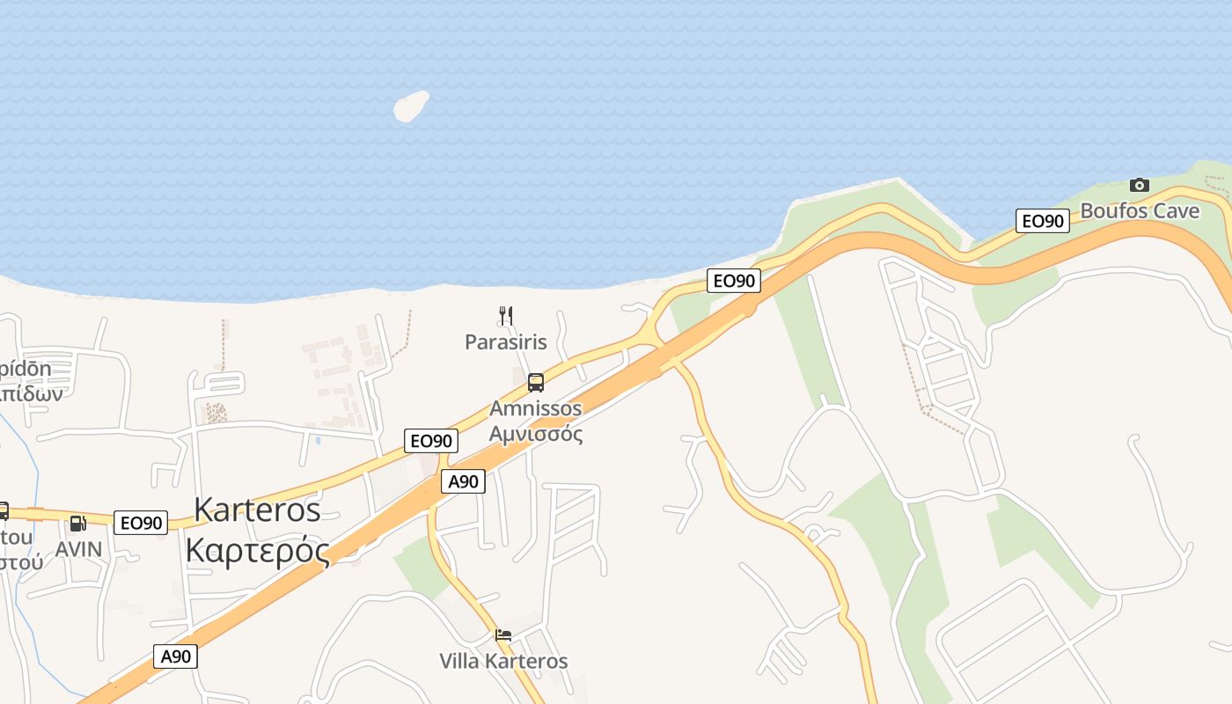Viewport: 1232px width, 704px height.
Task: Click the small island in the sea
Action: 411,106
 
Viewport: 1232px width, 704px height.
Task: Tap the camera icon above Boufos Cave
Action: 1139,185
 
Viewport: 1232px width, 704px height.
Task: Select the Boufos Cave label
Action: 1140,211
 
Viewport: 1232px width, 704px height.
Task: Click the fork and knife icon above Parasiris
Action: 505,315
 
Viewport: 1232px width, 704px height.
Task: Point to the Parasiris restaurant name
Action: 505,341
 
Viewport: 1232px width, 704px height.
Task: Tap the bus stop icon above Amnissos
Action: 535,383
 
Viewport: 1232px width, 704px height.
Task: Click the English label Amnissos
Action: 535,408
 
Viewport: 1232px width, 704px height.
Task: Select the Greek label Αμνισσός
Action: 535,434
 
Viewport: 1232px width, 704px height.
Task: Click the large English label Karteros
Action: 257,510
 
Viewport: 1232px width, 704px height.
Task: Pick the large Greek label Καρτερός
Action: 257,552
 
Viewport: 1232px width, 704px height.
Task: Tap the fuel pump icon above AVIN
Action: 77,524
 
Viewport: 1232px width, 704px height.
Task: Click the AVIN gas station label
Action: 78,549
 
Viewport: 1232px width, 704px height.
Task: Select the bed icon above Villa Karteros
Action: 503,634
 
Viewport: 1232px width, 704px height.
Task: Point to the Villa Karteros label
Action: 503,661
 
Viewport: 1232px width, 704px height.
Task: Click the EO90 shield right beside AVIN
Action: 141,523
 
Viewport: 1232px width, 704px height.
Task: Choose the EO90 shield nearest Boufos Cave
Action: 1042,221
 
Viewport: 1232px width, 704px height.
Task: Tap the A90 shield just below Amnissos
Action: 463,481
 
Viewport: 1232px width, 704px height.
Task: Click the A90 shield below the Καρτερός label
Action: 175,656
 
